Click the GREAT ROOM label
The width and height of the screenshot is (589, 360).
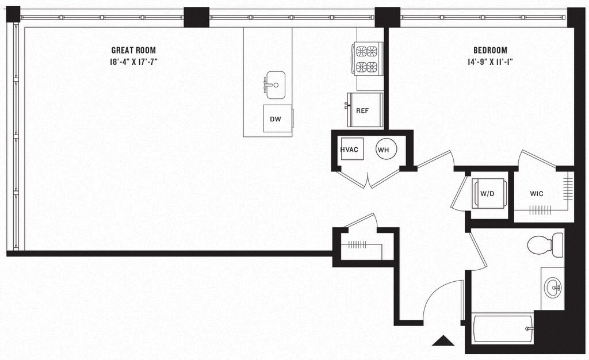[133, 50]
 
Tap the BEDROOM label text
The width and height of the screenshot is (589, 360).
[490, 50]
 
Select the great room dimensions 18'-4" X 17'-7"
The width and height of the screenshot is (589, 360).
[133, 62]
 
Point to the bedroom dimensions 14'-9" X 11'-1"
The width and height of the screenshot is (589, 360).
[490, 62]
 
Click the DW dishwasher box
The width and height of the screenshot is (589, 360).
[277, 118]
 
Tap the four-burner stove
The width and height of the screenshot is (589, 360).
[367, 59]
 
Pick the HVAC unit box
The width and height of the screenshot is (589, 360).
[349, 150]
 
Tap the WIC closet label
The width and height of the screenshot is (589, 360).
[537, 193]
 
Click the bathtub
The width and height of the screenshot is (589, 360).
[502, 328]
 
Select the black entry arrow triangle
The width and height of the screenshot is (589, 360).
[443, 341]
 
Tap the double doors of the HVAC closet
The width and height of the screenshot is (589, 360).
[368, 179]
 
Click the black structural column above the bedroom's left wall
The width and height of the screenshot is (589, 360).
[387, 17]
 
